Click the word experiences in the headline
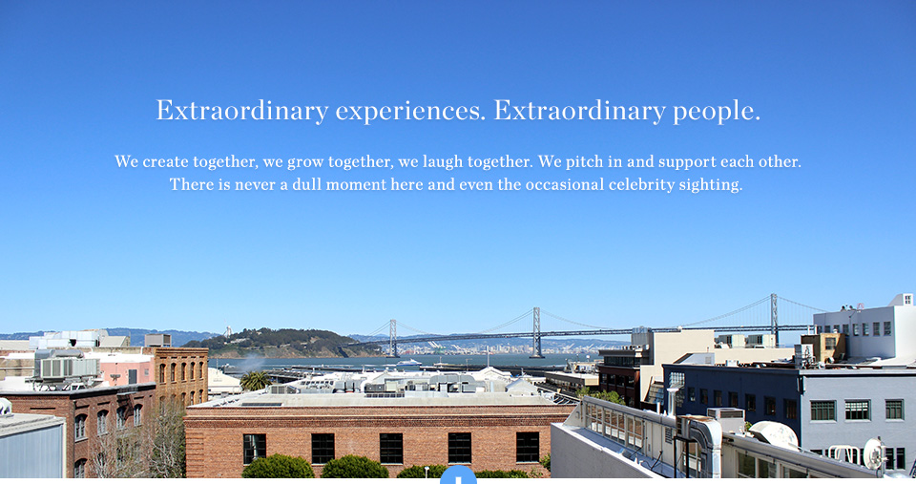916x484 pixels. [410, 111]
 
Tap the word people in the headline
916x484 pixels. [717, 111]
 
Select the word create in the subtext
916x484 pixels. [165, 161]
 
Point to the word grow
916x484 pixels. [305, 162]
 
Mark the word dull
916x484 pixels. [306, 184]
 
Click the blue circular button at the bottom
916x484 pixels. [458, 475]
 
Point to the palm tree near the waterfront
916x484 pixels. [256, 381]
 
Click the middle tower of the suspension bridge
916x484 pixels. [535, 332]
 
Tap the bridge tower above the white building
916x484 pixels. [774, 319]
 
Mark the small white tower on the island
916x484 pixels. [227, 331]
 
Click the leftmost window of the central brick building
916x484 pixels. [254, 449]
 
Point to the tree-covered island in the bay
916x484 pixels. [281, 343]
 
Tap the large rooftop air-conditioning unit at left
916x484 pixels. [67, 368]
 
